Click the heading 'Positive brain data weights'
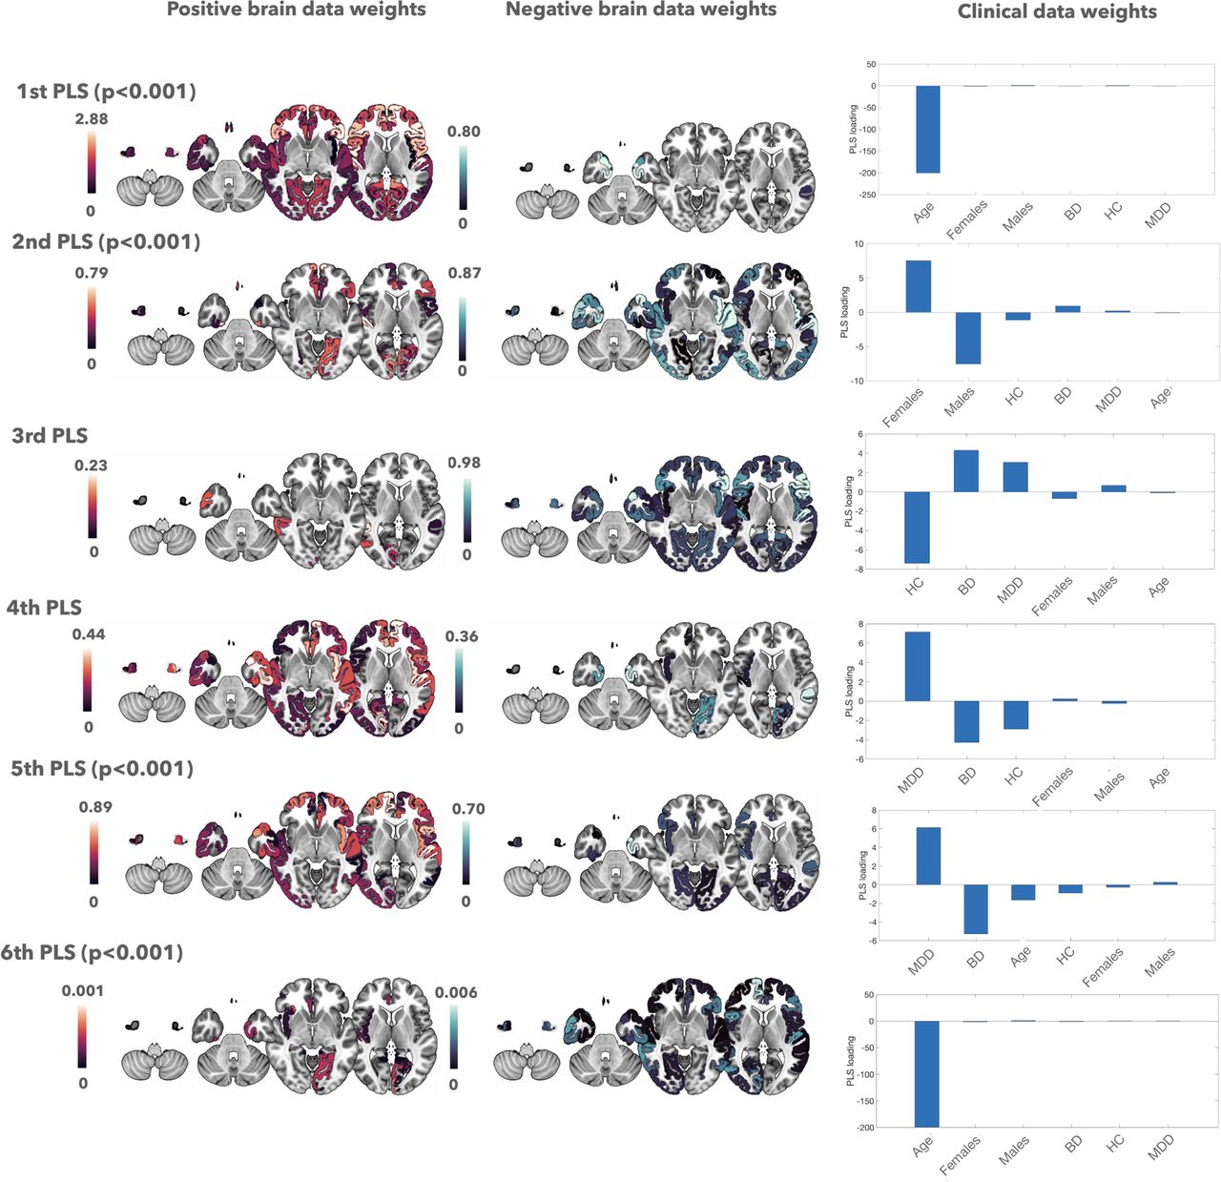296,10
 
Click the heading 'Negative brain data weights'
641,10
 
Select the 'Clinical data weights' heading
1057,12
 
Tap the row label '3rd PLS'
50,436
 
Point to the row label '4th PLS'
44,608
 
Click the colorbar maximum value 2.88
92,119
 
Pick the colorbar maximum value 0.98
464,463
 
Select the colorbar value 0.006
456,992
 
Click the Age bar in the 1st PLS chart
928,129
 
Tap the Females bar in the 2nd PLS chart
918,286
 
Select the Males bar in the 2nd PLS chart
967,338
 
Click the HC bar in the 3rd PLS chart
917,527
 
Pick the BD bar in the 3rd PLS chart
965,471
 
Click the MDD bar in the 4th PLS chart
917,666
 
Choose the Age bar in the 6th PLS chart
926,1073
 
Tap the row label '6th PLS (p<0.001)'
92,952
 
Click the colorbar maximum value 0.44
89,634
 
